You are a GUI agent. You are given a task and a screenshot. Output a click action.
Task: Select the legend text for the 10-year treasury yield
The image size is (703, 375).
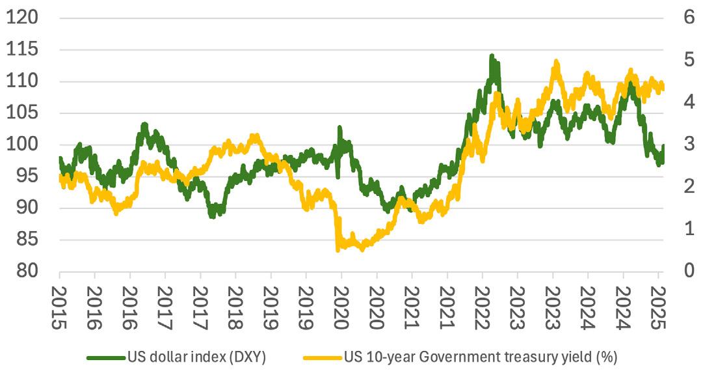click(x=480, y=357)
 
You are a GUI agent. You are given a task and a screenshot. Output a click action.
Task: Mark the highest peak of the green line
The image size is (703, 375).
click(x=492, y=56)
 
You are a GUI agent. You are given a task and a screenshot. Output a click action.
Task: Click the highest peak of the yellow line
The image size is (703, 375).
click(x=556, y=62)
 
